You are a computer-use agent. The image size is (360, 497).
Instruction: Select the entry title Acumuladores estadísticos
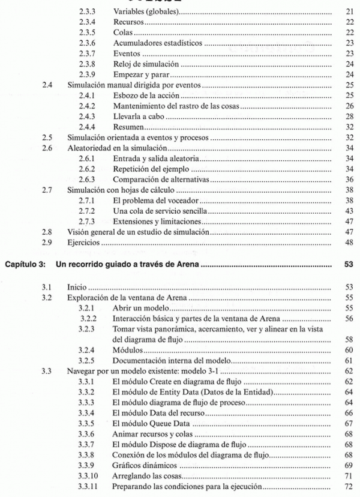pos(148,43)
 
